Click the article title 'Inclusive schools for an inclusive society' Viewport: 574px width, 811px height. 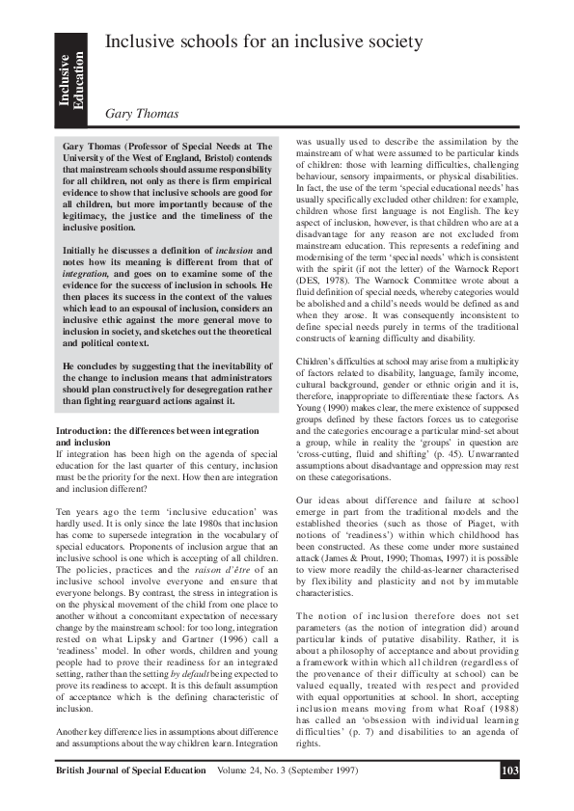point(262,41)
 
